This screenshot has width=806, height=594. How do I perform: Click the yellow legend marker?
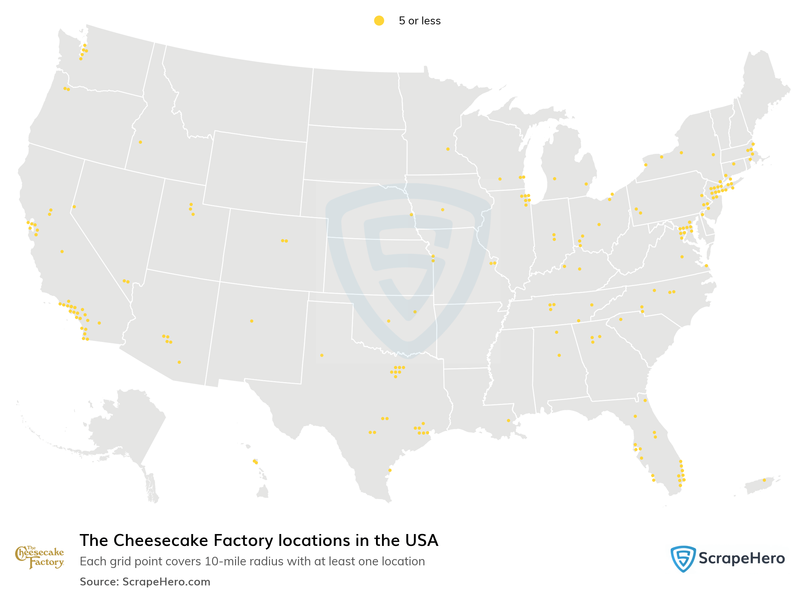pyautogui.click(x=379, y=20)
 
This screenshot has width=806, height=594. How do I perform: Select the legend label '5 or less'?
pyautogui.click(x=419, y=21)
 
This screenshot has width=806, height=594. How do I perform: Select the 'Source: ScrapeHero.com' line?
pyautogui.click(x=145, y=581)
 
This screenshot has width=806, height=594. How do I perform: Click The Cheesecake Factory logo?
pyautogui.click(x=40, y=557)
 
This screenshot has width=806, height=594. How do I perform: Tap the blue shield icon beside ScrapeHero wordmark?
pyautogui.click(x=683, y=558)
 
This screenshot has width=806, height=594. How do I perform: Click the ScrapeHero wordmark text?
pyautogui.click(x=741, y=558)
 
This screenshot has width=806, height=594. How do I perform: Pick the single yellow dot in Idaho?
pyautogui.click(x=140, y=142)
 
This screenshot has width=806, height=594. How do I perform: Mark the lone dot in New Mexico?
pyautogui.click(x=252, y=321)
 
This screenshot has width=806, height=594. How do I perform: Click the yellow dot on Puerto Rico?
pyautogui.click(x=764, y=480)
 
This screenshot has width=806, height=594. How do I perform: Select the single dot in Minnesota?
pyautogui.click(x=448, y=149)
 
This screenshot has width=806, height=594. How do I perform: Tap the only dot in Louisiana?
pyautogui.click(x=508, y=420)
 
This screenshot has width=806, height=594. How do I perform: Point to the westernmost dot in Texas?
pyautogui.click(x=322, y=355)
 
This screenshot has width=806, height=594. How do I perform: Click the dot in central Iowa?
pyautogui.click(x=443, y=210)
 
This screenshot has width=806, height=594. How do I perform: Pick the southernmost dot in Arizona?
pyautogui.click(x=179, y=362)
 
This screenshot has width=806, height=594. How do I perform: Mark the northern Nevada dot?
pyautogui.click(x=74, y=207)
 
